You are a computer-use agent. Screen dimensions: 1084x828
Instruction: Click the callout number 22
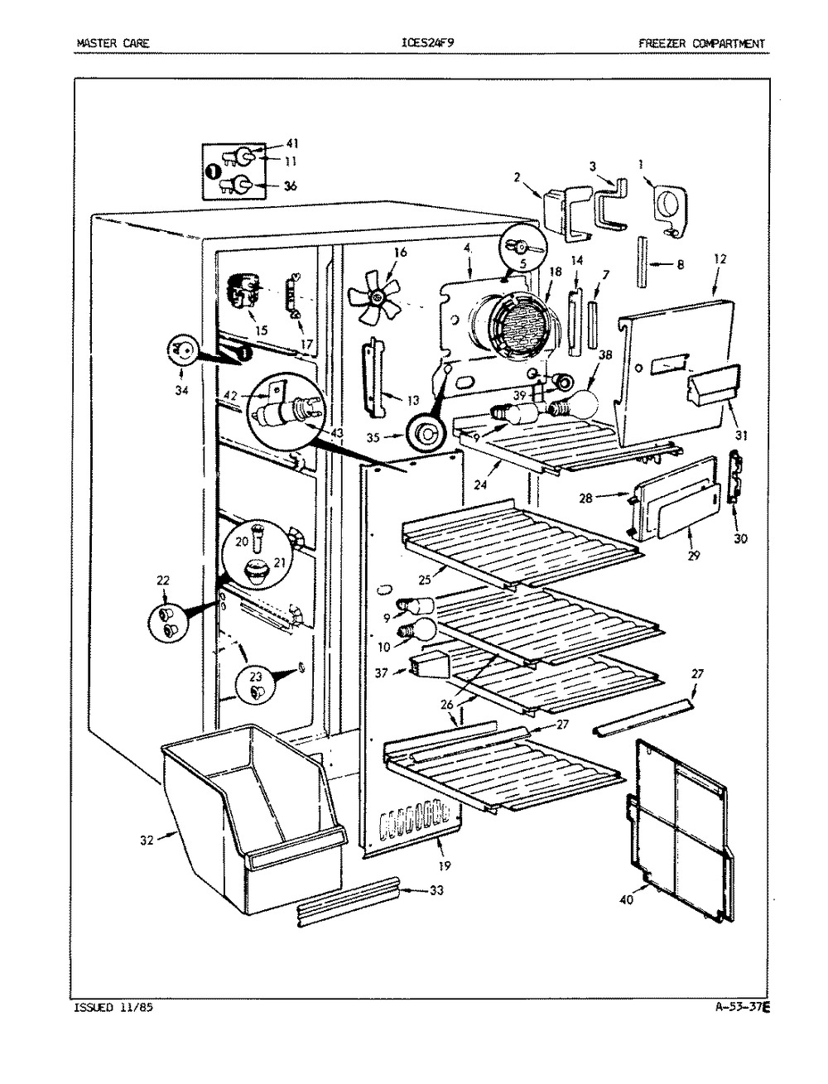click(x=162, y=580)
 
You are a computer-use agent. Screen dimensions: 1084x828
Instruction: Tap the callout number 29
click(x=694, y=556)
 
